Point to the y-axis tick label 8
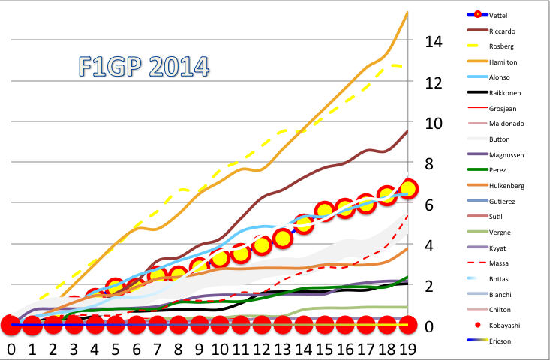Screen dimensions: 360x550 pyautogui.click(x=429, y=163)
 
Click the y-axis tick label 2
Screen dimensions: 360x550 pyautogui.click(x=429, y=286)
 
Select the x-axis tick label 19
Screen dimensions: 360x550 pyautogui.click(x=407, y=349)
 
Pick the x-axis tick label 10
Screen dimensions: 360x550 pyautogui.click(x=219, y=349)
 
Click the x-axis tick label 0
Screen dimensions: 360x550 pyautogui.click(x=11, y=349)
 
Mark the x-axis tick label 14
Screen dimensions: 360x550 pyautogui.click(x=302, y=349)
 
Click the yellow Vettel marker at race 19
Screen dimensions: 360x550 pyautogui.click(x=408, y=189)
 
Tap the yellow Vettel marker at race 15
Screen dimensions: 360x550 pyautogui.click(x=324, y=211)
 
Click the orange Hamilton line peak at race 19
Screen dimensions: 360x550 pyautogui.click(x=407, y=13)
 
